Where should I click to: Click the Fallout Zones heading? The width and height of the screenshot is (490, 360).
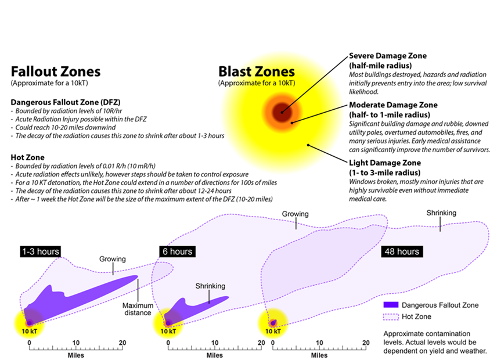point(56,71)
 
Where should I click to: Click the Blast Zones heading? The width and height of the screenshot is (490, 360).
point(257,71)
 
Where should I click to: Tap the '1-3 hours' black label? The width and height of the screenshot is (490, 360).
point(41,251)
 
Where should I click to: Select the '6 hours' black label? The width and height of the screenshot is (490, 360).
point(178,251)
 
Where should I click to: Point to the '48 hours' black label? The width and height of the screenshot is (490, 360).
point(402,251)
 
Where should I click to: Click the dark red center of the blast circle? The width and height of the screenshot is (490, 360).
point(282,112)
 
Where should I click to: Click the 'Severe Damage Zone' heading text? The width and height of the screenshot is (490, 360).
point(388,56)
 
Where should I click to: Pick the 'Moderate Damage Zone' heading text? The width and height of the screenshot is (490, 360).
point(393,105)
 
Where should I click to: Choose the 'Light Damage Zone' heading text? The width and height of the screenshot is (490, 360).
point(385,163)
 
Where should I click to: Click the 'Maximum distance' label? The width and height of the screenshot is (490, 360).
point(138,309)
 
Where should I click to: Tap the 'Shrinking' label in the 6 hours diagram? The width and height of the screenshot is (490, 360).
point(210,286)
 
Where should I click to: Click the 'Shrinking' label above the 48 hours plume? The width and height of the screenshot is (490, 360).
point(441,213)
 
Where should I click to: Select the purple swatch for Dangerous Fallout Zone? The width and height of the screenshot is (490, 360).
point(391,305)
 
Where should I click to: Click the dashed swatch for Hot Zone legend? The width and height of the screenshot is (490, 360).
point(391,316)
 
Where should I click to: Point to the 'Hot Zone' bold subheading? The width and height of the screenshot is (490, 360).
point(27,157)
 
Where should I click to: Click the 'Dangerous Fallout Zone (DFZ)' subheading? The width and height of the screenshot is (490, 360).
point(66,103)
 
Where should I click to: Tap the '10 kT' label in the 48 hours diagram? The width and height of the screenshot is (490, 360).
point(273,331)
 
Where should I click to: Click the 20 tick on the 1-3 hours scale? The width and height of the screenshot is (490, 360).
point(123,347)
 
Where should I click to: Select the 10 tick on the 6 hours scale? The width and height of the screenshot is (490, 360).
point(215,347)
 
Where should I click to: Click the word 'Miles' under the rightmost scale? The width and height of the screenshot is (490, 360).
point(319,355)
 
